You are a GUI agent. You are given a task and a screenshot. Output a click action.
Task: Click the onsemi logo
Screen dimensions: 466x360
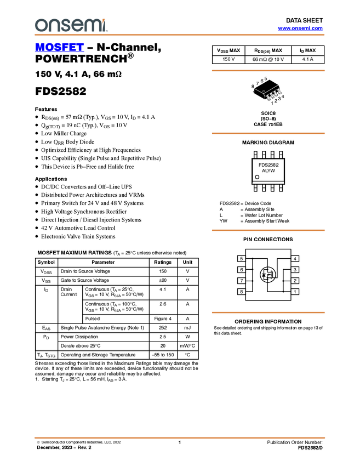71,25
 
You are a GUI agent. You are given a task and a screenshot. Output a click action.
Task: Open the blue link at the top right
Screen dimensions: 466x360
300,29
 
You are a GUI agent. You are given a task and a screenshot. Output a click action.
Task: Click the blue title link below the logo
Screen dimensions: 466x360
59,48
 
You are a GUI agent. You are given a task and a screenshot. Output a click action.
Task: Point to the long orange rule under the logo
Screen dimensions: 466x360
180,35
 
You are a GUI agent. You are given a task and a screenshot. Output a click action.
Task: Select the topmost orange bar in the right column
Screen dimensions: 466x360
268,71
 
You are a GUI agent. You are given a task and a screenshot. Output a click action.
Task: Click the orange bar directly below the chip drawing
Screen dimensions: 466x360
268,133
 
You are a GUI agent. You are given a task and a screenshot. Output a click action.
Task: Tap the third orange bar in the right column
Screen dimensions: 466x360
268,230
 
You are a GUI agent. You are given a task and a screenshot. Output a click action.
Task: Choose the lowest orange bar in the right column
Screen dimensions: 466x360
268,312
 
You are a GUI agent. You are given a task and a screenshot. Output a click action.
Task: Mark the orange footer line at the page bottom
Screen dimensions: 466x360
180,438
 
